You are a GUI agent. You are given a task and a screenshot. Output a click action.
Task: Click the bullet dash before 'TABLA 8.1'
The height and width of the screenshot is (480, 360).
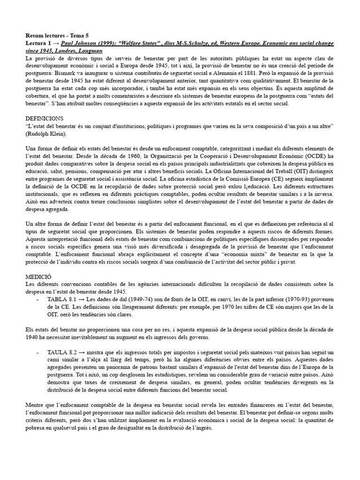point(37,299)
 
